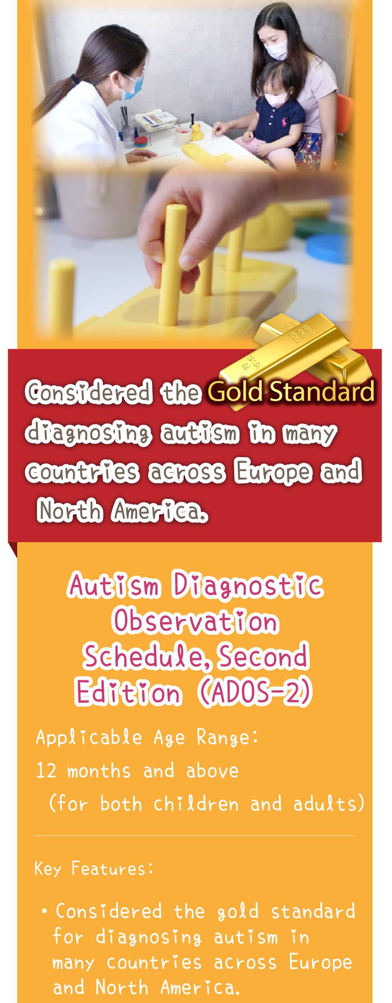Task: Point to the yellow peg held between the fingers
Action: (x=172, y=265)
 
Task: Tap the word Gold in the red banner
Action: (x=235, y=392)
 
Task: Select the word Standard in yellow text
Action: (x=322, y=392)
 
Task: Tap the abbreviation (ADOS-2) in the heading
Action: (x=255, y=692)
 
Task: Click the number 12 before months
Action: (x=46, y=771)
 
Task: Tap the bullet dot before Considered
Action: (x=44, y=912)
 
